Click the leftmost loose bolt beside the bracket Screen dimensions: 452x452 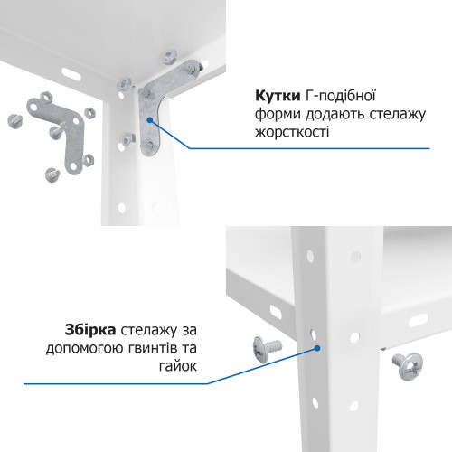(x=14, y=118)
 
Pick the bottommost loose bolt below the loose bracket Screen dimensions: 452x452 (x=50, y=173)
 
